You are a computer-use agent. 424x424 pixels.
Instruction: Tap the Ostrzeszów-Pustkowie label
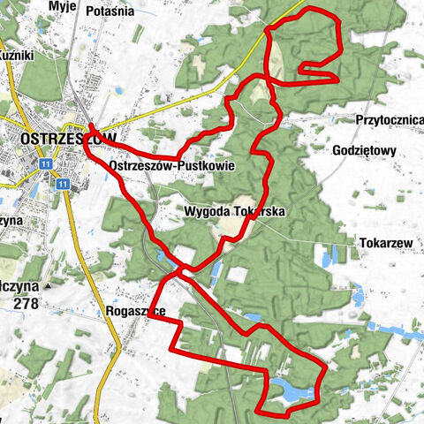click(x=165, y=165)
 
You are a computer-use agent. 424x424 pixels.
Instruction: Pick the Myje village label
click(x=64, y=6)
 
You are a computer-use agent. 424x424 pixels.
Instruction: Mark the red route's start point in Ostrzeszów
click(x=91, y=126)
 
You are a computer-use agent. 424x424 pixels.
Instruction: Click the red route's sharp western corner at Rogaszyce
click(x=148, y=319)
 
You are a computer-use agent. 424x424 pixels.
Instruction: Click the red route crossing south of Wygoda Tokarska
click(x=183, y=269)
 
